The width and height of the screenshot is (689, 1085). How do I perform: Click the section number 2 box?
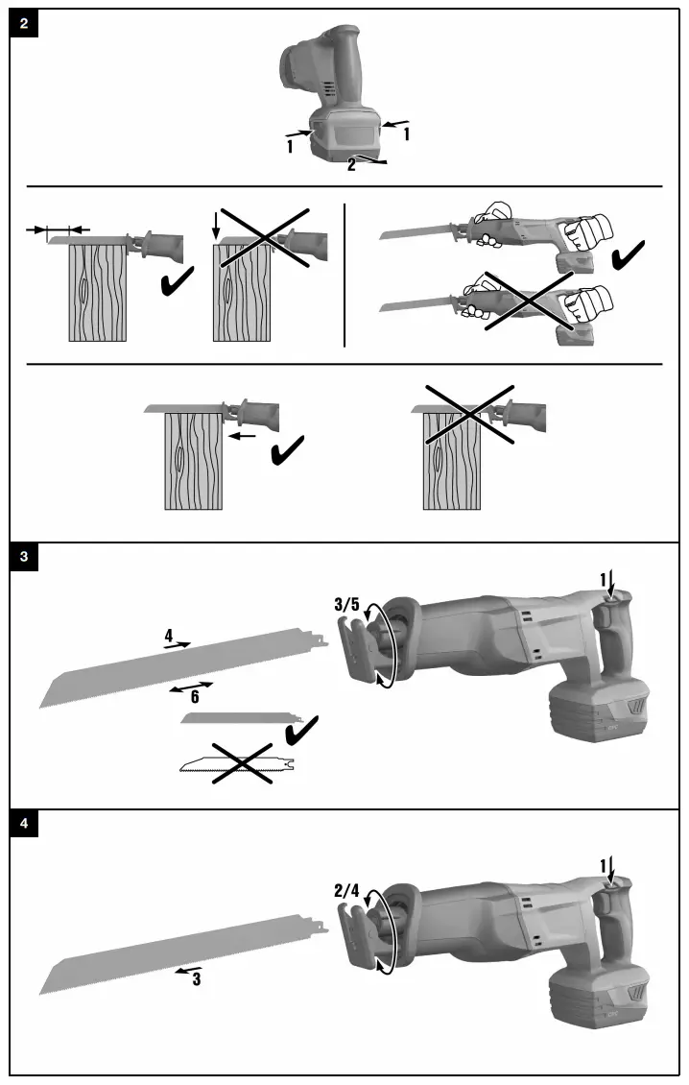click(24, 23)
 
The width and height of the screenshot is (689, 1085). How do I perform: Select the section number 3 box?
click(24, 557)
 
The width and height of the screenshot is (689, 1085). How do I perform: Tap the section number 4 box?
click(24, 824)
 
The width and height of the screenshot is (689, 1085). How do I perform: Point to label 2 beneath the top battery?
click(351, 165)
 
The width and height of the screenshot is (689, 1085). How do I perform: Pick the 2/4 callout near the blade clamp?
click(347, 890)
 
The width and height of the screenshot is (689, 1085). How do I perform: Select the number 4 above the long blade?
click(168, 636)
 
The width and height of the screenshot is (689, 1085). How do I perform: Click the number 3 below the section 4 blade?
click(196, 980)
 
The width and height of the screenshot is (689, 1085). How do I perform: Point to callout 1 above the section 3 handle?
click(604, 579)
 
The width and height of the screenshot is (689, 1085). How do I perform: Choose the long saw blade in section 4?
click(182, 953)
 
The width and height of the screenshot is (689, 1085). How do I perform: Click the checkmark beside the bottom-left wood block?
click(288, 449)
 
